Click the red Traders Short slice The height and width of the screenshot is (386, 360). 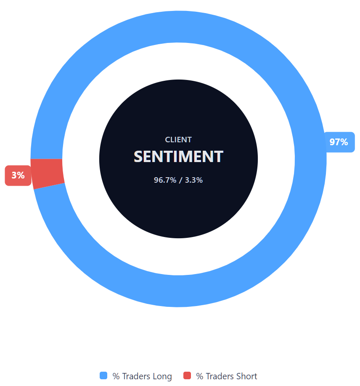pos(48,173)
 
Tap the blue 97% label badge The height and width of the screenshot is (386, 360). pos(339,142)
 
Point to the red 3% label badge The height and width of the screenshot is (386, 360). pos(18,176)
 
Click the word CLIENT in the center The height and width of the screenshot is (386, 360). pos(178,140)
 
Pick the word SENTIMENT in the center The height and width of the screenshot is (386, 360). pos(178,157)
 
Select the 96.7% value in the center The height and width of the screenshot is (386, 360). pos(165,180)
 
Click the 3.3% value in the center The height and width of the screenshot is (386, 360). pos(194,180)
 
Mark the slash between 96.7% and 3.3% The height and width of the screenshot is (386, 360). pos(181,180)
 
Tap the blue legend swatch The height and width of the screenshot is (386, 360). pos(103,376)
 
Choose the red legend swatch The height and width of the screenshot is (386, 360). pos(187,376)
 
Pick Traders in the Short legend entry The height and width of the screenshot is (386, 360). pos(219,376)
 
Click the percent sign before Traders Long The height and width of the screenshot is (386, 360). pos(116,376)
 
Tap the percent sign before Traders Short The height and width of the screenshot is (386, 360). pos(200,376)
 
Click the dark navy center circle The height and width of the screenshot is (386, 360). pos(178,206)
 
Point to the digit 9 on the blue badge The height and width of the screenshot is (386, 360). pos(333,142)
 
